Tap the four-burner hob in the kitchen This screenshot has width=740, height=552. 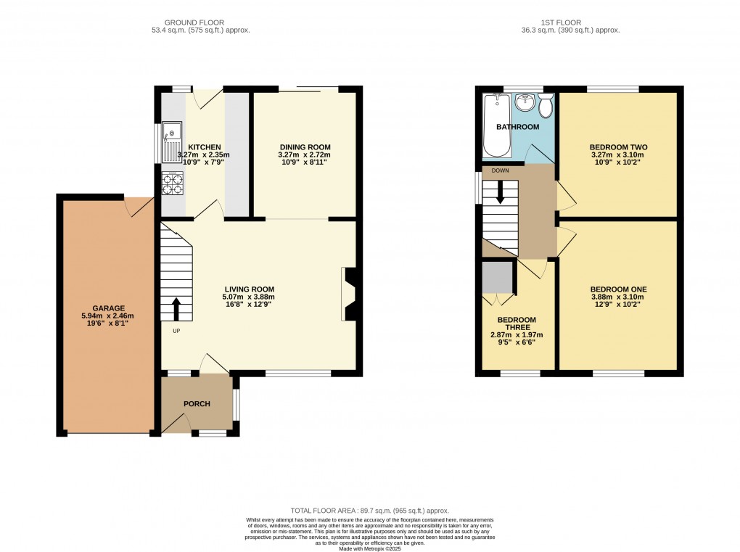pos(172,184)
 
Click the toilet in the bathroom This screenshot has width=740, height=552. pos(546,107)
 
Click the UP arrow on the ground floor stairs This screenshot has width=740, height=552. pos(176,308)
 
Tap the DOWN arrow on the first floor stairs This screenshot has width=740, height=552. pos(500,191)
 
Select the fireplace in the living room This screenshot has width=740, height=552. pos(349,294)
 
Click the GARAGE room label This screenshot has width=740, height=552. pos(108,308)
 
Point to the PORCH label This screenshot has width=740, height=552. pos(196,404)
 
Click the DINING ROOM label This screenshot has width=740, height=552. pos(304,147)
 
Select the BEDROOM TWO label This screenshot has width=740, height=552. pos(618,147)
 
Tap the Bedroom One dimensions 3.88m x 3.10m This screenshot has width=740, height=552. pos(618,297)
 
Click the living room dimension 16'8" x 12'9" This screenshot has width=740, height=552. pos(249,305)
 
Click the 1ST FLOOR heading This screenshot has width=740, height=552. pos(579,22)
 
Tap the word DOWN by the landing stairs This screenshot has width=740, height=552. pos(500,170)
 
